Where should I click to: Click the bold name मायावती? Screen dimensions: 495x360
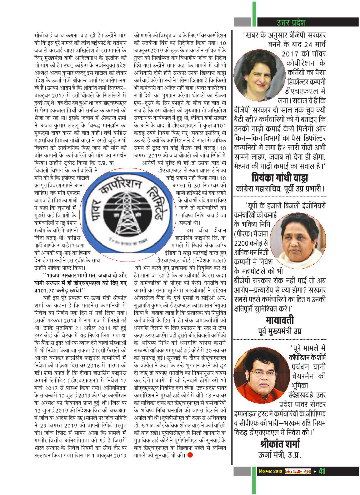coord(280,320)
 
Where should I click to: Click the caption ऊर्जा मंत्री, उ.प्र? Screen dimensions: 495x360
coord(280,455)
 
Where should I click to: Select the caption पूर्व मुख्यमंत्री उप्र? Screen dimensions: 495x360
coord(280,331)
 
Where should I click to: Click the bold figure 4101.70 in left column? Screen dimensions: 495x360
coord(45,290)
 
